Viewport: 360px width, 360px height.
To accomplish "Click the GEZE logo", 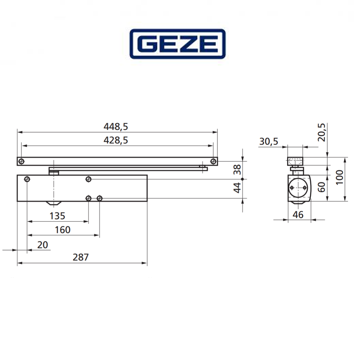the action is (177, 44).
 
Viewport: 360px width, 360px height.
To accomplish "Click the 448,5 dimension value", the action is (116, 126).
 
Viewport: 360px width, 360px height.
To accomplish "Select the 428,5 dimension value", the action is (116, 140).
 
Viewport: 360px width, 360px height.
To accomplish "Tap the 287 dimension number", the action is (81, 257).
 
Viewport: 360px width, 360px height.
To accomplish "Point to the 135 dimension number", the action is (57, 216).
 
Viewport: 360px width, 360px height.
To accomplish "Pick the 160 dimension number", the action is (63, 230).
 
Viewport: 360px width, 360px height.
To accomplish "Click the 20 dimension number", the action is (43, 245).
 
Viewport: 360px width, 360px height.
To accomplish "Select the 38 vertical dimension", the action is (237, 170).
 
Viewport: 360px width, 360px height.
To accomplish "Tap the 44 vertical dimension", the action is (237, 188).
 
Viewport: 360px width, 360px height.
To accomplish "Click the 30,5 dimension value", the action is (269, 141).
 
